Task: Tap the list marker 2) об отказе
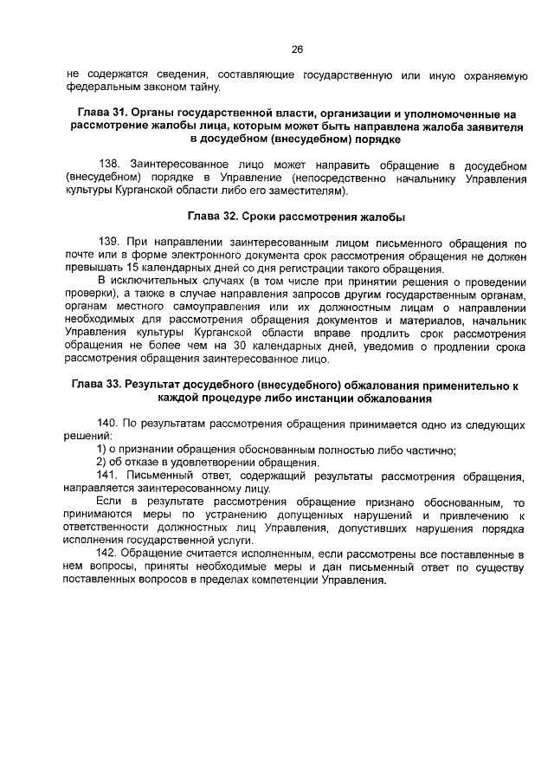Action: (x=101, y=463)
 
